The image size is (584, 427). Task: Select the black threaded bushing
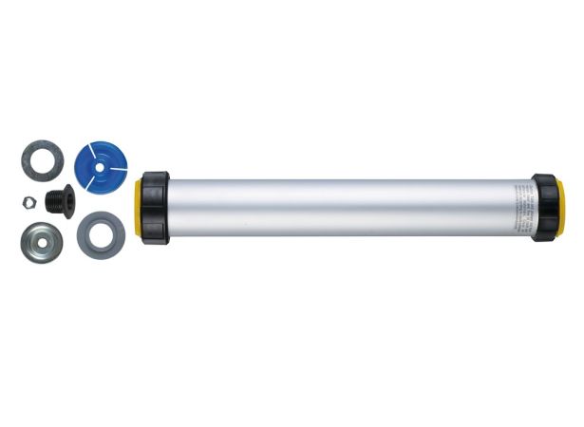tap(62, 200)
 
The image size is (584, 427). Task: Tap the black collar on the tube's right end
tap(545, 207)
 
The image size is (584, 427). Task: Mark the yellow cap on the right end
tap(561, 208)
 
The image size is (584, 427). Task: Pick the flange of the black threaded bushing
tap(70, 200)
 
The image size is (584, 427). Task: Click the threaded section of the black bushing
tap(57, 200)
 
